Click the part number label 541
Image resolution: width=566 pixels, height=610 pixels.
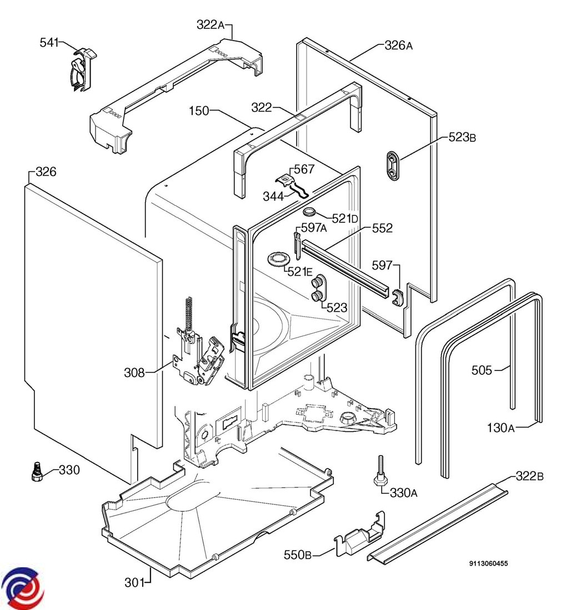coord(48,42)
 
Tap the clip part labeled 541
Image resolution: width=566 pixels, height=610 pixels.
coord(81,70)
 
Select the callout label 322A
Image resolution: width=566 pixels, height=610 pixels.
coord(210,24)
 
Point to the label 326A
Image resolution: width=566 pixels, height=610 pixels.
coord(398,45)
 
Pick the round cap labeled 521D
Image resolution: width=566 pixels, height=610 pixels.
coord(309,212)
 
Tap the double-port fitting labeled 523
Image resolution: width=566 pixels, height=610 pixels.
coord(319,288)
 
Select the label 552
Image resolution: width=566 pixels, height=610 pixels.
coord(382,227)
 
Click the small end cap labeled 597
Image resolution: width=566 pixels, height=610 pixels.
coord(398,297)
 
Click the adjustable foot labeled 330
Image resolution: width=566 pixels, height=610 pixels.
coord(37,470)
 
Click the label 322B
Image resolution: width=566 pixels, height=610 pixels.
coord(529,476)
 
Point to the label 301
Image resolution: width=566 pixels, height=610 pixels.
coord(133,582)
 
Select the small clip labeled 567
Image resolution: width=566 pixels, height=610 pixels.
coord(286,179)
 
